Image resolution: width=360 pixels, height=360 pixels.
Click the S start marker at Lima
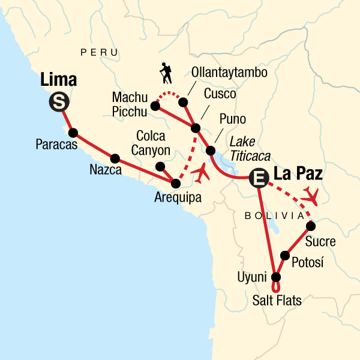point(58,103)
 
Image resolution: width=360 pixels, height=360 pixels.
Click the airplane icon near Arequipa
point(202,174)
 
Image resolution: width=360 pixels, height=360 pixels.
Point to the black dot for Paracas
point(73,133)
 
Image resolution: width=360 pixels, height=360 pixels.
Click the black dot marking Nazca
point(115,159)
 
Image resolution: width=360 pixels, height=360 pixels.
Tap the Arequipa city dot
point(176,183)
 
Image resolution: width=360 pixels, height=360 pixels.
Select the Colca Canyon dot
point(160,166)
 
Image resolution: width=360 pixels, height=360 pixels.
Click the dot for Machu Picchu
point(155,106)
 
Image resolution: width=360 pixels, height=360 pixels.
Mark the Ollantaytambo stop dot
point(182,103)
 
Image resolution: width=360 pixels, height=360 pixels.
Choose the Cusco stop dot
point(195,128)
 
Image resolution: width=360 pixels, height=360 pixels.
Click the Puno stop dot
point(211,150)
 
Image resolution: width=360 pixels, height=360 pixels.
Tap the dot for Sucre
point(310,226)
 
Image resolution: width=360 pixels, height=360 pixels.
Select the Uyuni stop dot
point(276,277)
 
